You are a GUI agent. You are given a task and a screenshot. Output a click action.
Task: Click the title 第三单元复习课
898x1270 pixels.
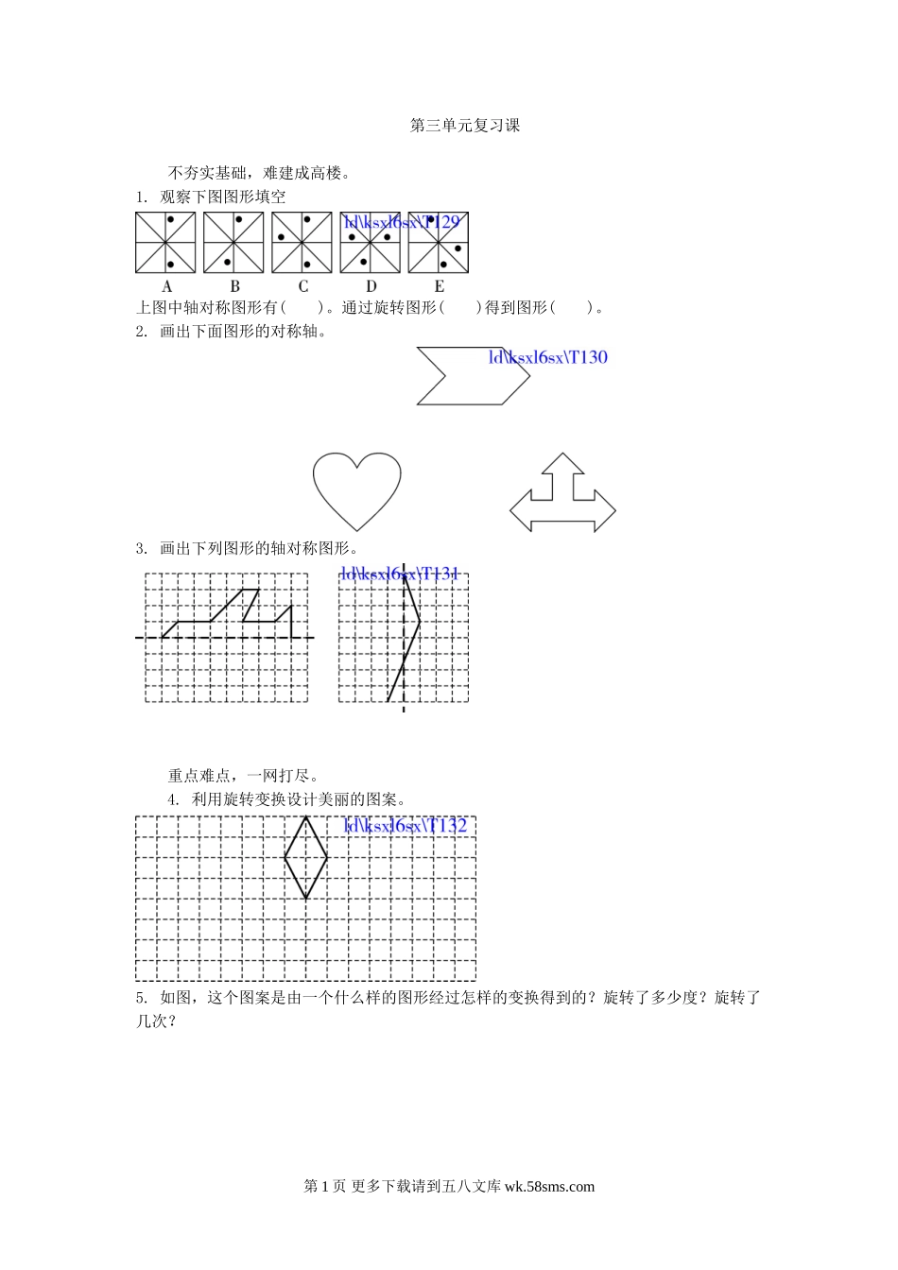coord(465,126)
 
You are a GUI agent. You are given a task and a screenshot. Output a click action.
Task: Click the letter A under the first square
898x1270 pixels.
coord(167,286)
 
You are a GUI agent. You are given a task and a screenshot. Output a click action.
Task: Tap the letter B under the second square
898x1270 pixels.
coord(234,286)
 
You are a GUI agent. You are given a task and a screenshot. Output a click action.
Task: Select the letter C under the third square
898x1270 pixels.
coord(302,286)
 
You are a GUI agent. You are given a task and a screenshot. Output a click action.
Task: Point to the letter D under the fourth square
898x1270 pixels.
coord(371,286)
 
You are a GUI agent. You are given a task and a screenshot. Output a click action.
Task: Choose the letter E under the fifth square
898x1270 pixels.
coord(439,286)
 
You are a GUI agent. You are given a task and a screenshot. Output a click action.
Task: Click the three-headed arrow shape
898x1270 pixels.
coord(563,496)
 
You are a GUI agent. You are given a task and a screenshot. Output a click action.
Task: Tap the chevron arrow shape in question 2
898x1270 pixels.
coord(473,376)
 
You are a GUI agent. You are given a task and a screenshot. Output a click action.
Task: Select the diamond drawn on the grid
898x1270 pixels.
coord(306,858)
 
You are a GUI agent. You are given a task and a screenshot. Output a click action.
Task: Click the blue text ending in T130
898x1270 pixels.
coord(547,357)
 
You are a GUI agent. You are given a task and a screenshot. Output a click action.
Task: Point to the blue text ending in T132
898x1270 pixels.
coord(406,826)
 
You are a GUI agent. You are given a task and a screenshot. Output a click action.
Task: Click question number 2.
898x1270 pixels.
coord(142,332)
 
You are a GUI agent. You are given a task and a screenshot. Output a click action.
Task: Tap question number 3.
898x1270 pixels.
coord(142,549)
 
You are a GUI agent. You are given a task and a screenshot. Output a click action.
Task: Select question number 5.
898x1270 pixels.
coord(142,998)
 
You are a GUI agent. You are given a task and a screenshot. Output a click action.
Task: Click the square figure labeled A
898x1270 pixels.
coord(165,243)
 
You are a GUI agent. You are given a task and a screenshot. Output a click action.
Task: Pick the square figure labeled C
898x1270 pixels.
coord(302,243)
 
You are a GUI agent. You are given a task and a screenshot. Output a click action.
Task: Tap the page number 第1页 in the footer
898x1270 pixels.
coord(324,1187)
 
